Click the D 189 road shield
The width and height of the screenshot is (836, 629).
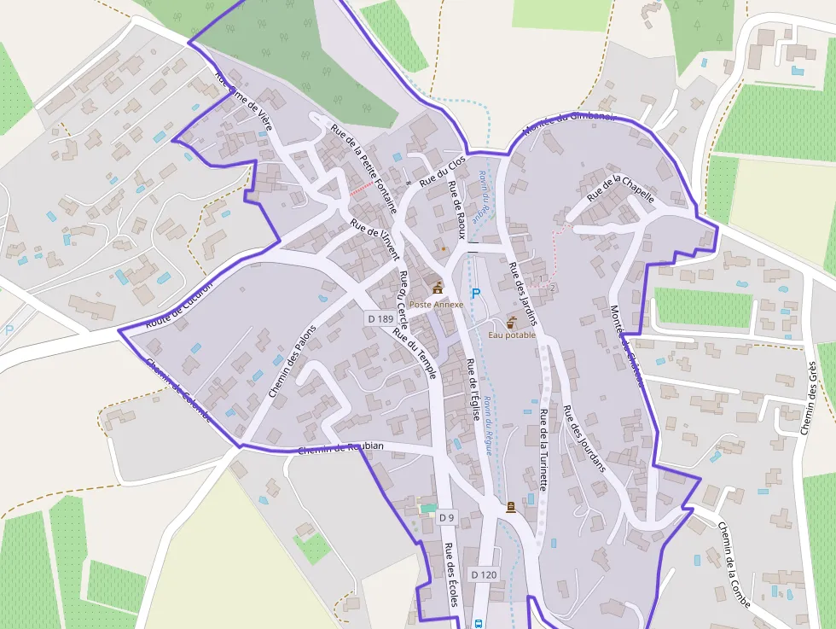pos(380,318)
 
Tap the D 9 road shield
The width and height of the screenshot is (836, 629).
pos(447,517)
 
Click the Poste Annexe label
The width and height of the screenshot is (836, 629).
pos(436,304)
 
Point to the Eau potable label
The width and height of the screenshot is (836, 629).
pos(512,335)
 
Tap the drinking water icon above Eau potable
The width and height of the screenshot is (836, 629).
pos(512,323)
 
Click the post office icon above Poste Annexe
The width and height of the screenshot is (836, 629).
pos(438,288)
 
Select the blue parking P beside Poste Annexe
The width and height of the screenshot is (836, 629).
pos(476,294)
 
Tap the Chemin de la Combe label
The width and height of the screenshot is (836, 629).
pos(734,564)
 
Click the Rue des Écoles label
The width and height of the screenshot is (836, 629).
pos(451,574)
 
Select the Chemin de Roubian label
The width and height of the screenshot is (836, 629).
pos(341,448)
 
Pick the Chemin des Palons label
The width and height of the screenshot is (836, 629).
pos(292,361)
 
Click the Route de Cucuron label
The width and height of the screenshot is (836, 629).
pos(178,305)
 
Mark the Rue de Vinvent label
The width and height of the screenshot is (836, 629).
pos(374,240)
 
